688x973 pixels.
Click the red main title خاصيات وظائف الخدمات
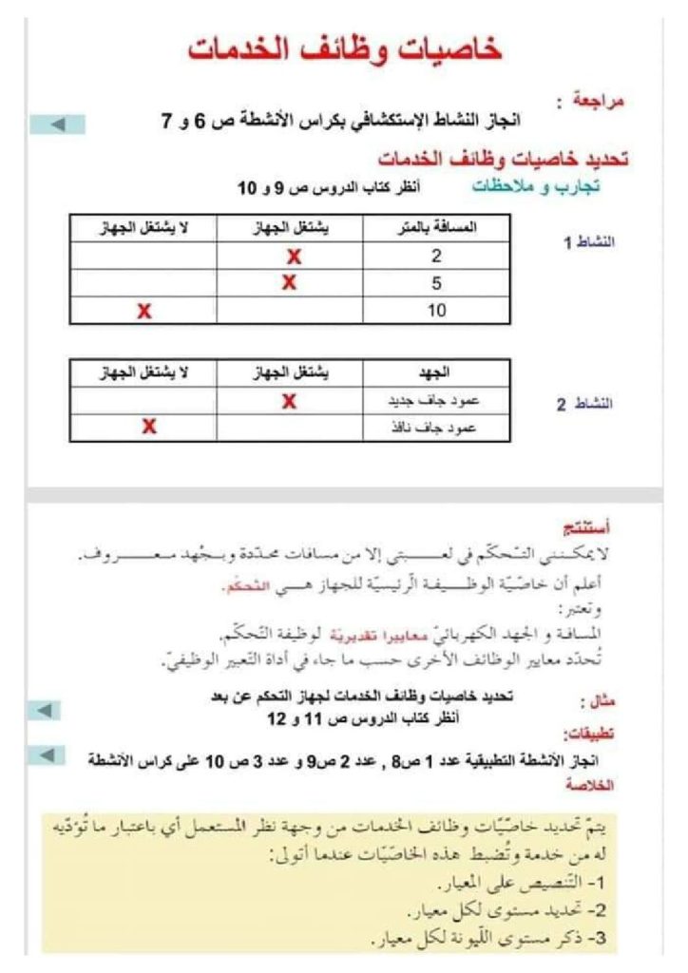344,50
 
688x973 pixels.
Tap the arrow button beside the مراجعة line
57,124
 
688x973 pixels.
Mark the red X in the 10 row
144,311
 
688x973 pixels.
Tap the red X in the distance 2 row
293,257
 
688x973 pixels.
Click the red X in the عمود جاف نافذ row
148,427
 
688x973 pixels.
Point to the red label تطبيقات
591,734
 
